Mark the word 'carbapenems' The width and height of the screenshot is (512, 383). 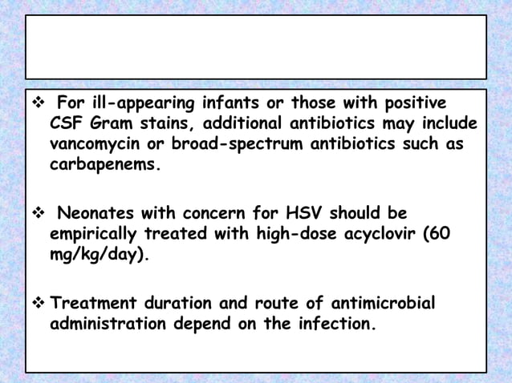[x=103, y=166]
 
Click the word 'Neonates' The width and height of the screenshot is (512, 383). [x=94, y=214]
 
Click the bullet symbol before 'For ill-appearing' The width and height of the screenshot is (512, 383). [x=36, y=104]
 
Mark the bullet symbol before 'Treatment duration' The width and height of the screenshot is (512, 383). [x=36, y=303]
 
